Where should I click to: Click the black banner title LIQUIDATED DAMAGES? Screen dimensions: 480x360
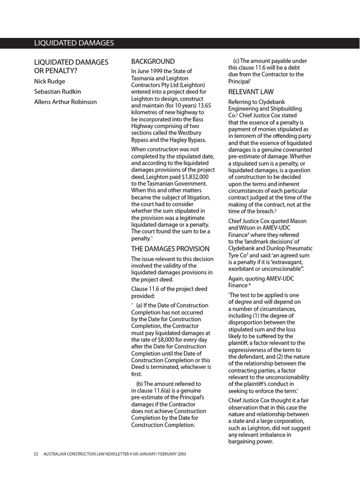click(x=74, y=43)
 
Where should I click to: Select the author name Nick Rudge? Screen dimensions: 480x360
click(x=50, y=81)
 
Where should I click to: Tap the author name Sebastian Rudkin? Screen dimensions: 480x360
click(x=57, y=91)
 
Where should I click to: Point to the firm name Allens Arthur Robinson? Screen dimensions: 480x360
click(x=65, y=102)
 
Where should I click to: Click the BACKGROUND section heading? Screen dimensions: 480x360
click(x=153, y=61)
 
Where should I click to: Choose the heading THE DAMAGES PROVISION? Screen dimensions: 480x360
click(x=170, y=249)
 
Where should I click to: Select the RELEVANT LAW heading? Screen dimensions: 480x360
click(x=251, y=92)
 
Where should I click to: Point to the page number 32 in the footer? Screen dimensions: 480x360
click(x=36, y=454)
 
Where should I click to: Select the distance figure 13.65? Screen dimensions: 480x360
click(x=202, y=105)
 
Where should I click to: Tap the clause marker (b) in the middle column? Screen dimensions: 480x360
click(x=140, y=384)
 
